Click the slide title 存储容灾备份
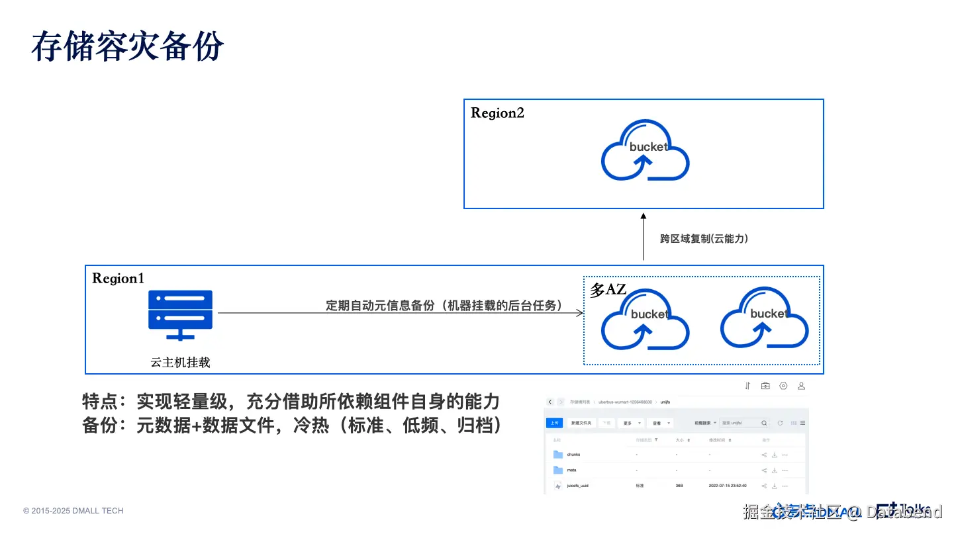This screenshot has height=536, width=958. click(128, 46)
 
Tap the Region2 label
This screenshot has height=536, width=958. click(497, 113)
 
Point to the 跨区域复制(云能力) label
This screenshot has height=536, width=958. click(704, 239)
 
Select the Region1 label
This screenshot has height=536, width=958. click(118, 279)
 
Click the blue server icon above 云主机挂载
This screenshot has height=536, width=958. click(180, 315)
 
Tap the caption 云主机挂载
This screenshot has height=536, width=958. click(180, 363)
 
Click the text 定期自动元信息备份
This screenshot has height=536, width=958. click(380, 306)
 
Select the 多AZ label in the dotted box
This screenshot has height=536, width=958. click(607, 290)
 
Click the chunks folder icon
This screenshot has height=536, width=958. click(557, 455)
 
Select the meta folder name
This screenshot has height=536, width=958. click(571, 470)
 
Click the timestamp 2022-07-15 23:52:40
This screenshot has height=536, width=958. click(727, 486)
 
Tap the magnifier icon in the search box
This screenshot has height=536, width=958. click(765, 423)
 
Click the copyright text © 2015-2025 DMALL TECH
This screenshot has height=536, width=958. click(73, 511)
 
